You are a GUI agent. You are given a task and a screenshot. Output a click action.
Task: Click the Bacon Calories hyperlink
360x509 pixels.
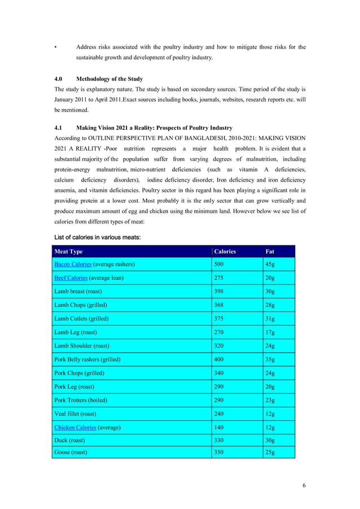[73, 264]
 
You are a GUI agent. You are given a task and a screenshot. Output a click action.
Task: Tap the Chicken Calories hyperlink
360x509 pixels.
[75, 428]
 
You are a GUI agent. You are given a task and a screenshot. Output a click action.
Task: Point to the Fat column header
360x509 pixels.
[270, 251]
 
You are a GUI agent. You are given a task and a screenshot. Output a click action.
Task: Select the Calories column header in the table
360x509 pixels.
[225, 251]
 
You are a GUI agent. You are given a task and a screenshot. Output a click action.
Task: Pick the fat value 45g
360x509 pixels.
[270, 264]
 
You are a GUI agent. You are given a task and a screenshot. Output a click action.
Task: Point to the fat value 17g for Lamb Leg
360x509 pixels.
[270, 332]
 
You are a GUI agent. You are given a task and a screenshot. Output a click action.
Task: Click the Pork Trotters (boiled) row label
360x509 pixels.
[81, 400]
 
